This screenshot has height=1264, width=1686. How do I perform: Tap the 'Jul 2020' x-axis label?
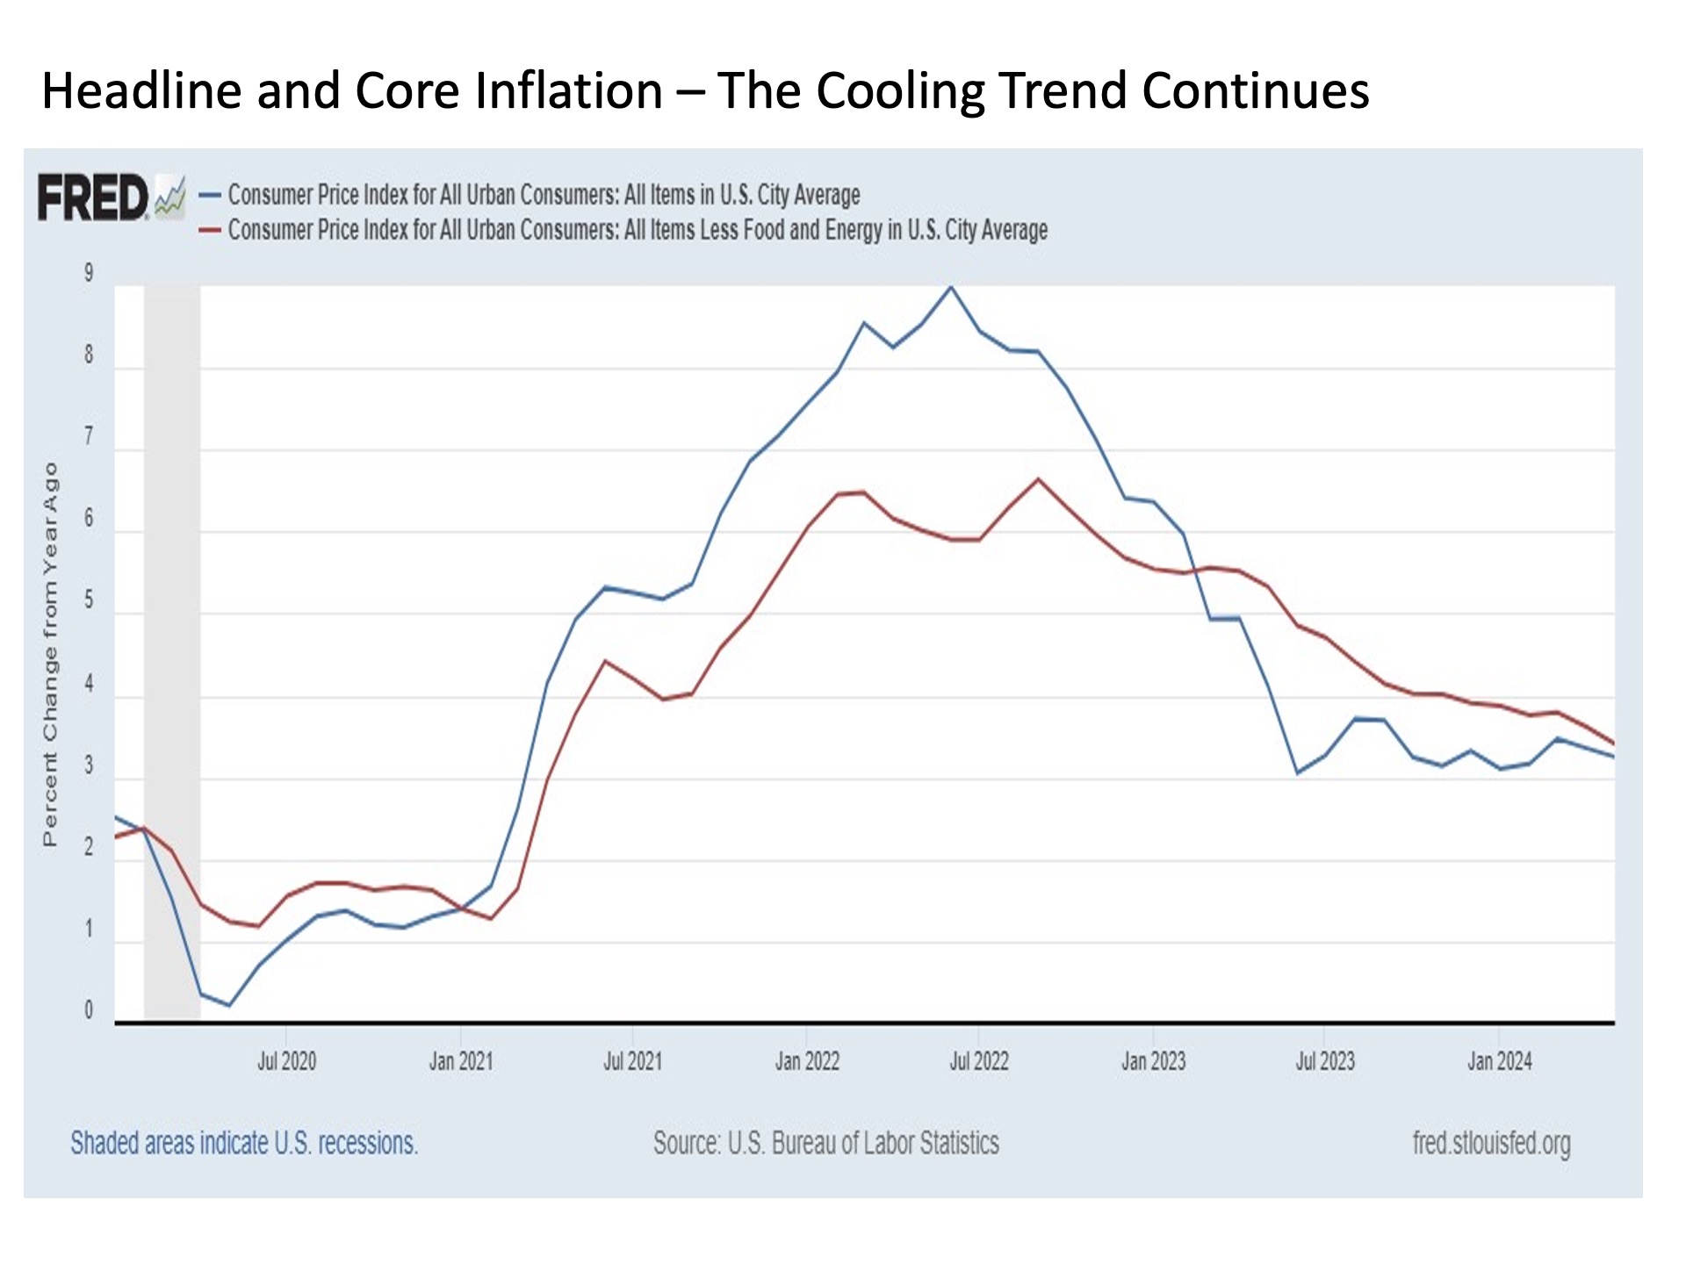(x=286, y=1061)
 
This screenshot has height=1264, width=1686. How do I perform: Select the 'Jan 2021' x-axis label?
(x=460, y=1061)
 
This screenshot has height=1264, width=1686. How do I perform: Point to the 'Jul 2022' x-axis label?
(x=978, y=1061)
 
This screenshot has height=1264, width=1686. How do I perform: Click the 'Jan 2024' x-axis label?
(x=1499, y=1061)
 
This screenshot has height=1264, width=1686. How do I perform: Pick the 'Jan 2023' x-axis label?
(x=1153, y=1061)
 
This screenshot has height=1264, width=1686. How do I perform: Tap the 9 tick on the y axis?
(x=89, y=273)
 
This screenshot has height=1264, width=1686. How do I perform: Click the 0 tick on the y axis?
(x=89, y=1010)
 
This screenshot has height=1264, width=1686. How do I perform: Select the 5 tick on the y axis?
(x=89, y=601)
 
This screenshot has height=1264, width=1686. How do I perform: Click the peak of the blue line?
(x=950, y=287)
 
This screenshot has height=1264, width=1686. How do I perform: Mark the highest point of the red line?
(x=1038, y=479)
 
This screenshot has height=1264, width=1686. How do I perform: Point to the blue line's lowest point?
(x=229, y=1005)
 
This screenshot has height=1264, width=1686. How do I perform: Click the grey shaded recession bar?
(x=172, y=650)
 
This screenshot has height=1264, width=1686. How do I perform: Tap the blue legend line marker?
(x=210, y=195)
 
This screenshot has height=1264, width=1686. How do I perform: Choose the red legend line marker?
(x=210, y=230)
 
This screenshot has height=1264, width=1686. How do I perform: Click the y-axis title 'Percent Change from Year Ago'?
(x=50, y=654)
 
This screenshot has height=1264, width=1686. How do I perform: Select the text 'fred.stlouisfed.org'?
(x=1491, y=1143)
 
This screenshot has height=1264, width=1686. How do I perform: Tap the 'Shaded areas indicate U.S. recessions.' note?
(x=244, y=1143)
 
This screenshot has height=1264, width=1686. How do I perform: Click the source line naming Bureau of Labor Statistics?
(x=825, y=1143)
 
